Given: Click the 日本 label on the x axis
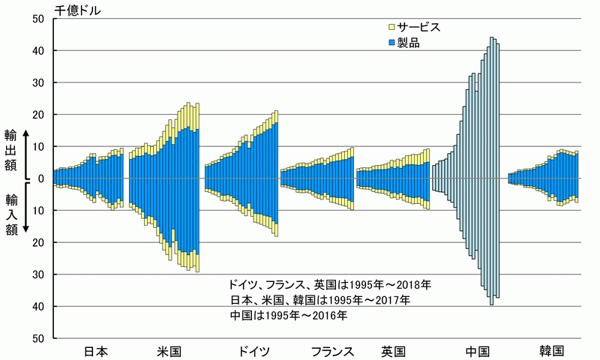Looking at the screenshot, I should (95, 351).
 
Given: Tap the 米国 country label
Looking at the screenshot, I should (169, 351).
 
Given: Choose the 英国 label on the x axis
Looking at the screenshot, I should (393, 351).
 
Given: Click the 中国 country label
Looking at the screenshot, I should (477, 351).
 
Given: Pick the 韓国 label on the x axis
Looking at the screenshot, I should (550, 351).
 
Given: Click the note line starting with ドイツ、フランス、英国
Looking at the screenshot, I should (330, 285).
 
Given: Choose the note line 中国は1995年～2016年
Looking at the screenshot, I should (289, 315).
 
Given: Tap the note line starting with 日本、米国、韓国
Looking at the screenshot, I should (320, 300).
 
